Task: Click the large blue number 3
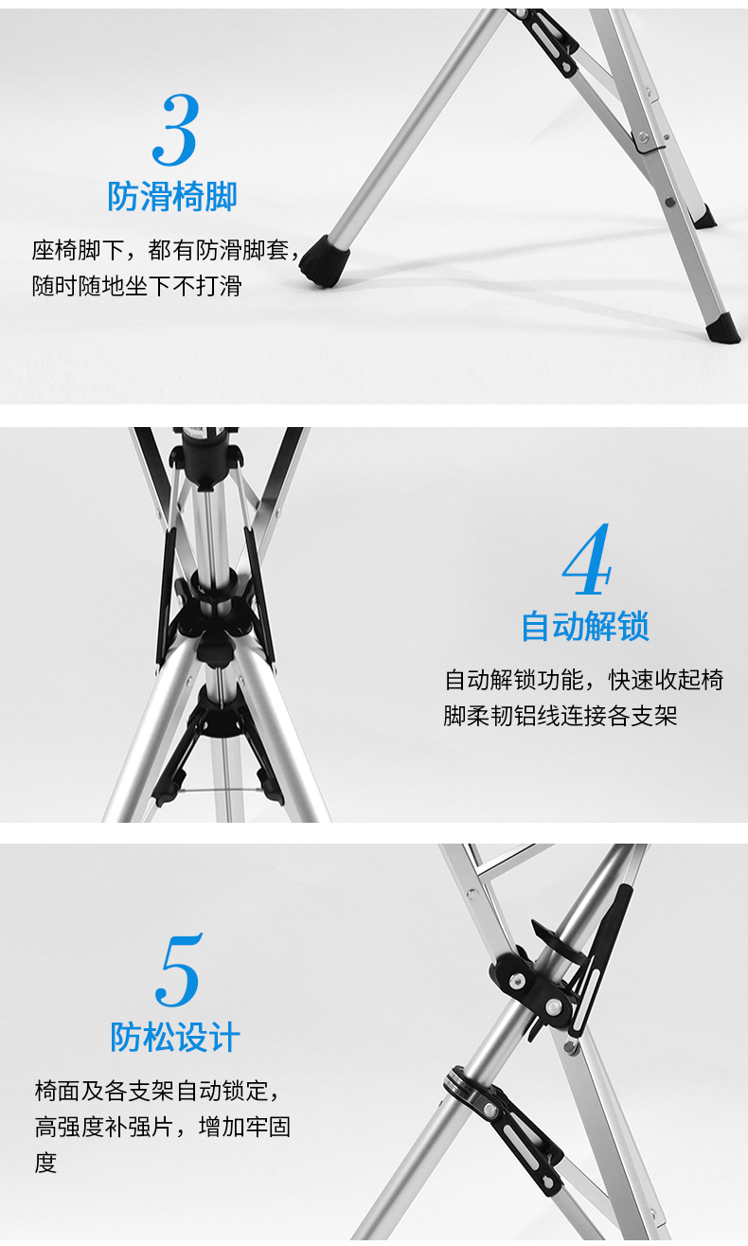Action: pyautogui.click(x=175, y=130)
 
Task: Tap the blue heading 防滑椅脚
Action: pyautogui.click(x=172, y=196)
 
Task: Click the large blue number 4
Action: pyautogui.click(x=587, y=559)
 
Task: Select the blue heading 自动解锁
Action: pyautogui.click(x=585, y=626)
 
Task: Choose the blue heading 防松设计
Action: pyautogui.click(x=175, y=1038)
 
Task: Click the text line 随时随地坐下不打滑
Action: pyautogui.click(x=136, y=286)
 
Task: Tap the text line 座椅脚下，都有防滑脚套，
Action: pyautogui.click(x=166, y=250)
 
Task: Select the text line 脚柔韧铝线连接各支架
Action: pyautogui.click(x=561, y=716)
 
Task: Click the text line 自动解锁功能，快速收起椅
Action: pyautogui.click(x=584, y=680)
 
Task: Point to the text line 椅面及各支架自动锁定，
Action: pyautogui.click(x=156, y=1091)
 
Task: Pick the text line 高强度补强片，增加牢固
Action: pyautogui.click(x=163, y=1127)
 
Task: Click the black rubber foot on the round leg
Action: pyautogui.click(x=324, y=261)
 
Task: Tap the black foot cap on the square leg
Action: pyautogui.click(x=723, y=329)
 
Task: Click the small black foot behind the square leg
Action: pyautogui.click(x=704, y=217)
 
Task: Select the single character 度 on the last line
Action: pyautogui.click(x=45, y=1163)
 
